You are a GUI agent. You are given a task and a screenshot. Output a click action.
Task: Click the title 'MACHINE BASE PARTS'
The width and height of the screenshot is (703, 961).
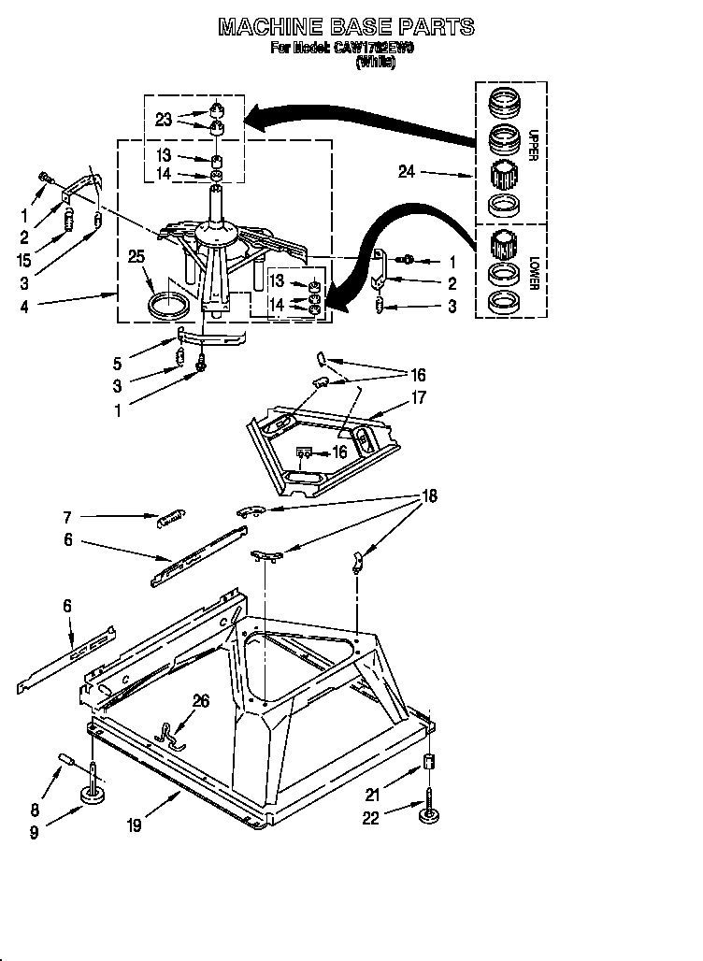click(346, 27)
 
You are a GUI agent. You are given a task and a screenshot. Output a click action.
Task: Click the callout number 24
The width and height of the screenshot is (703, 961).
click(406, 172)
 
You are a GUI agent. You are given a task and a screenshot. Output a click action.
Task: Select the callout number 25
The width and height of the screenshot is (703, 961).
click(137, 256)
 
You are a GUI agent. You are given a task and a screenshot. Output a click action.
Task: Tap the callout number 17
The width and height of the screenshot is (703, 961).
click(418, 398)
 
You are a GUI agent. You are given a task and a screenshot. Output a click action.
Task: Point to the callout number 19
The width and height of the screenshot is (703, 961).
click(136, 825)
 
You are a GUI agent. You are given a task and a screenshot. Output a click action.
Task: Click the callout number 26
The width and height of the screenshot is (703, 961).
click(200, 701)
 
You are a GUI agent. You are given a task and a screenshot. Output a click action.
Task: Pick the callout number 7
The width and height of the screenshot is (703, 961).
click(67, 516)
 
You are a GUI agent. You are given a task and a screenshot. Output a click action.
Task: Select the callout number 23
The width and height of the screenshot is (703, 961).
click(164, 119)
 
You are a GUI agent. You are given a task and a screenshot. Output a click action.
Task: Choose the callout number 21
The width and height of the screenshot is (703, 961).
click(371, 796)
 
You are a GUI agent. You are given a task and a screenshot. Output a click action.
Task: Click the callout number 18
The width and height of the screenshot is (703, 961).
click(429, 495)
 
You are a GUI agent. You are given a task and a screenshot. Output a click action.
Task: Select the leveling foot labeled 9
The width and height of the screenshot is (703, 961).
click(93, 795)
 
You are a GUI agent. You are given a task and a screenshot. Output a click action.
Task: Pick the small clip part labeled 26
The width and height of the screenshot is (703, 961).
click(171, 736)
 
